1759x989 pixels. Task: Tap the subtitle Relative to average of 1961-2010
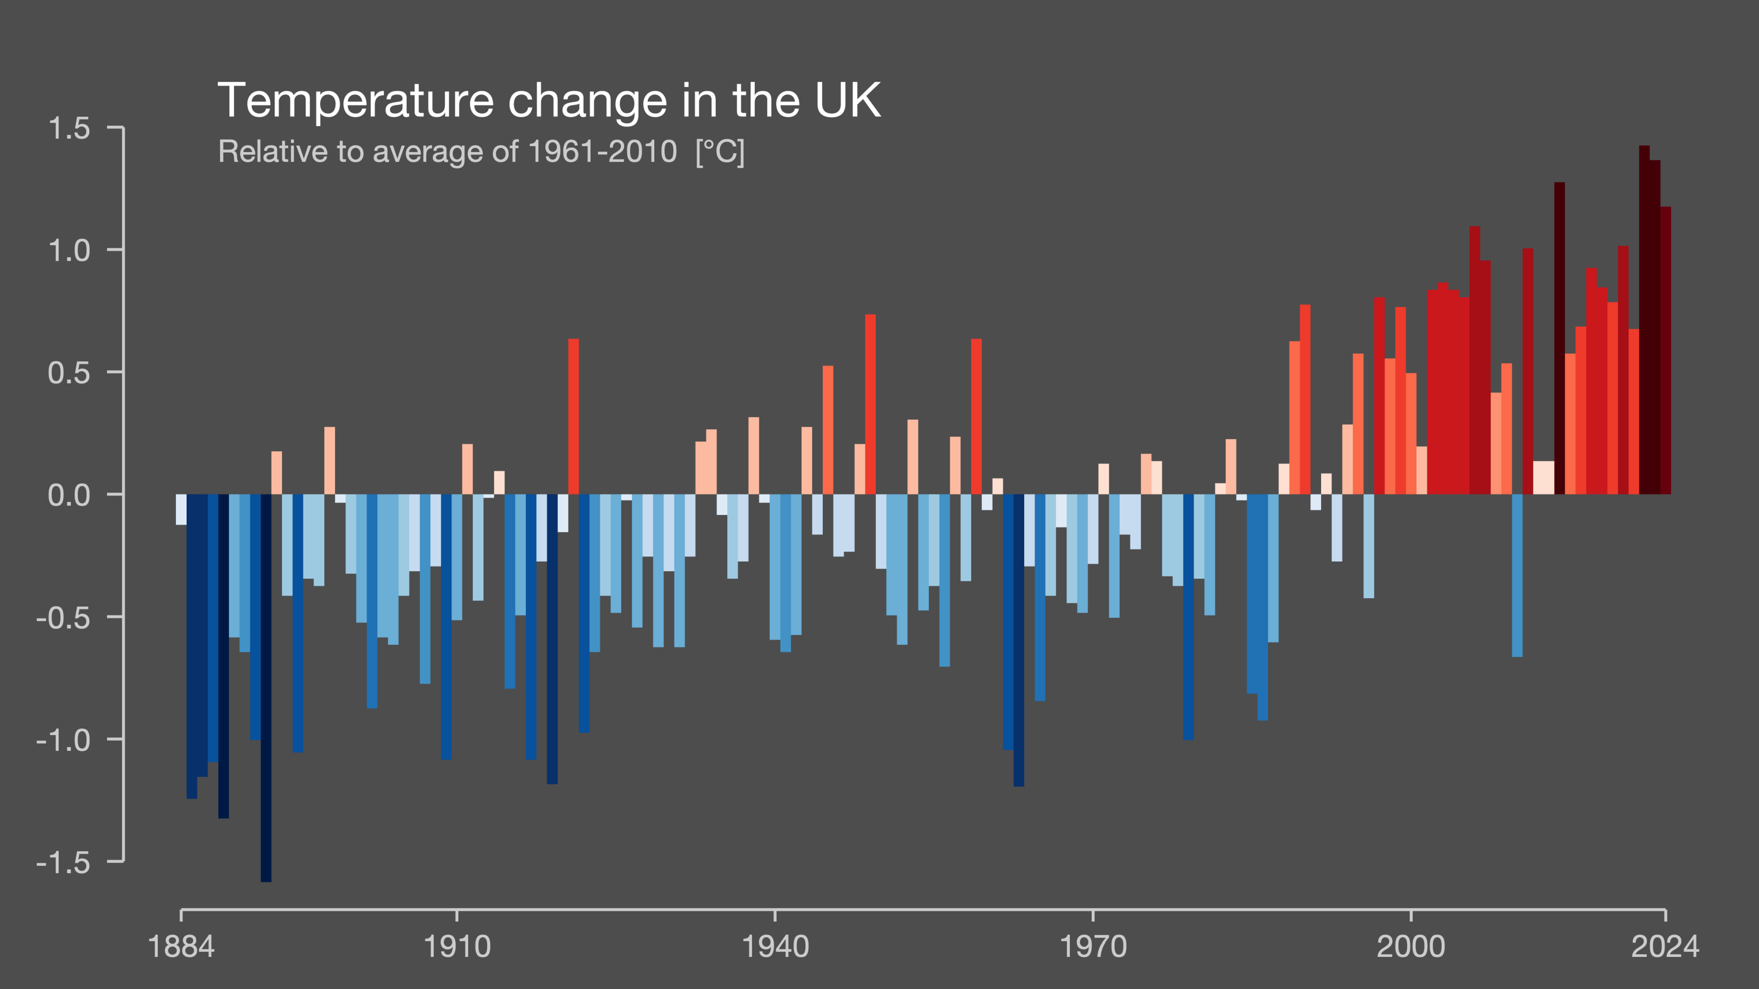point(447,152)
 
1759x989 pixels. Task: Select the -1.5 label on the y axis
point(63,863)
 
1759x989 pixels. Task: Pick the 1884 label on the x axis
point(181,947)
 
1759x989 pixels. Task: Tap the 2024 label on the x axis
point(1664,947)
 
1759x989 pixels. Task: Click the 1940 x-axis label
point(775,947)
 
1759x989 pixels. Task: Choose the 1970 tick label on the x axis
point(1093,947)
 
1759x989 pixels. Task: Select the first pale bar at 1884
point(181,509)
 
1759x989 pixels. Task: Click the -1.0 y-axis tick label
point(63,740)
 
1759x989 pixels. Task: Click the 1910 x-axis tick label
point(457,947)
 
